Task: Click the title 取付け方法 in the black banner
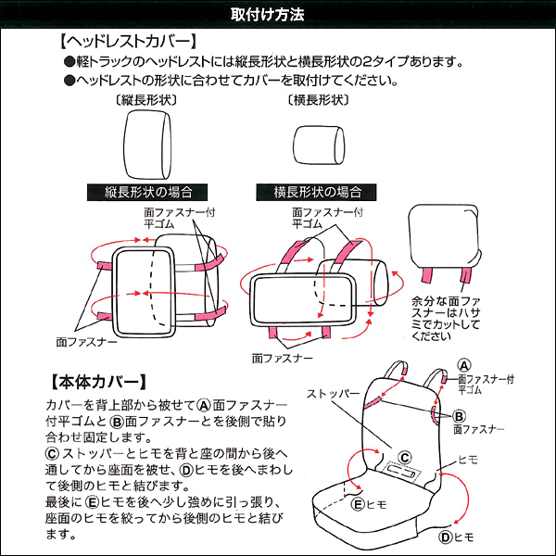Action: [x=268, y=15]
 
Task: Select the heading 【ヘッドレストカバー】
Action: [x=128, y=42]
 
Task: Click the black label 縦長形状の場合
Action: [x=147, y=193]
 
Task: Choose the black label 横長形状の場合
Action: [x=316, y=193]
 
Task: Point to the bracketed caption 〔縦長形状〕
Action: [x=146, y=100]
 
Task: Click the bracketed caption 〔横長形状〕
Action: [x=318, y=100]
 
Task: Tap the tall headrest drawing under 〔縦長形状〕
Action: [x=147, y=145]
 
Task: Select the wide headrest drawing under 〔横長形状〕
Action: [x=319, y=145]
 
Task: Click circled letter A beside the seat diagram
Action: [x=464, y=366]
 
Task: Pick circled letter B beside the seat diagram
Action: [x=460, y=416]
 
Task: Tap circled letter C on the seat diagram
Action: [x=405, y=458]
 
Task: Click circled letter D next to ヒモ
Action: [x=446, y=537]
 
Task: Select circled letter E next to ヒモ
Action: [x=358, y=504]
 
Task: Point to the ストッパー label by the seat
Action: [x=334, y=394]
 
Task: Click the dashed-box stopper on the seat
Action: [x=402, y=472]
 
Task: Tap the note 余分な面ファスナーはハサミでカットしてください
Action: [x=446, y=319]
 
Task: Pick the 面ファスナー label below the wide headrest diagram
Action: [x=283, y=359]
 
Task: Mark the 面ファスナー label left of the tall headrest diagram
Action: [x=86, y=342]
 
